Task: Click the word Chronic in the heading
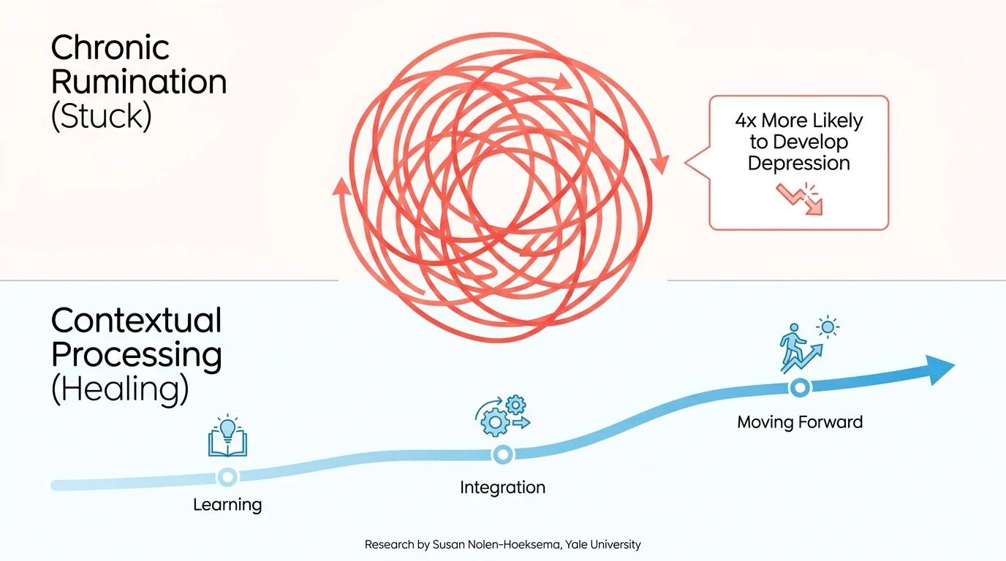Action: pyautogui.click(x=110, y=47)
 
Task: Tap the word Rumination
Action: pyautogui.click(x=139, y=82)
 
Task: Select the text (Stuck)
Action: pyautogui.click(x=102, y=116)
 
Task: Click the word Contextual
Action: pyautogui.click(x=137, y=321)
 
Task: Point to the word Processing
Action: pyautogui.click(x=137, y=356)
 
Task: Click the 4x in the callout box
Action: pyautogui.click(x=746, y=121)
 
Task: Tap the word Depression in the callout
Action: pyautogui.click(x=798, y=163)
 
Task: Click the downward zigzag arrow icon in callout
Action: pyautogui.click(x=800, y=199)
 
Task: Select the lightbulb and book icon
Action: pyautogui.click(x=227, y=435)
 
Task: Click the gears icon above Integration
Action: pyautogui.click(x=503, y=415)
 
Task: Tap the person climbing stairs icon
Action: pyautogui.click(x=801, y=348)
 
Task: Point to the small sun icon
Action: pyautogui.click(x=828, y=327)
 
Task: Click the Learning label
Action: pyautogui.click(x=227, y=505)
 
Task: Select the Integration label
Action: pyautogui.click(x=502, y=487)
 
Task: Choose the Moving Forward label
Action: pyautogui.click(x=800, y=422)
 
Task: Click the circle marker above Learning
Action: pyautogui.click(x=227, y=476)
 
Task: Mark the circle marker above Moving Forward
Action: pyautogui.click(x=800, y=388)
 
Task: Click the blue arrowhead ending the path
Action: pyautogui.click(x=940, y=370)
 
